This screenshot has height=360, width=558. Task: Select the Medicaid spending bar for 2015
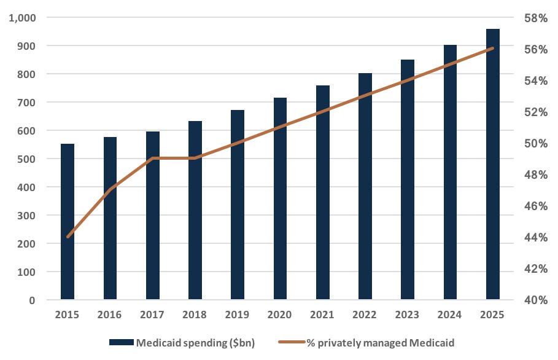(67, 222)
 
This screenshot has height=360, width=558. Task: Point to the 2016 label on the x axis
(110, 315)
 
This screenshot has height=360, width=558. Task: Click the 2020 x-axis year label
(280, 315)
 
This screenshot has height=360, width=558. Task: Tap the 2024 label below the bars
(450, 315)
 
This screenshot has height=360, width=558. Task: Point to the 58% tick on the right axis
(535, 18)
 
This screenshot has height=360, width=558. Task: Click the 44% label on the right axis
(535, 238)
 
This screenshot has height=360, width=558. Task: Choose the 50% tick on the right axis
(535, 144)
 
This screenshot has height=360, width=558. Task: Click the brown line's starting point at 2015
(68, 237)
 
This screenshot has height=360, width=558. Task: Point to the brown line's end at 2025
(492, 48)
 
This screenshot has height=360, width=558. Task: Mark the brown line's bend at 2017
(152, 158)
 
